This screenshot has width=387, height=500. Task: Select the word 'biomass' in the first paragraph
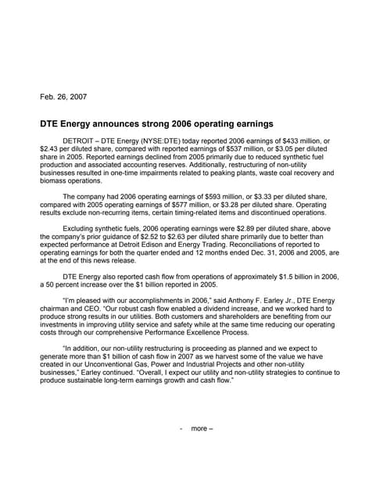click(x=55, y=180)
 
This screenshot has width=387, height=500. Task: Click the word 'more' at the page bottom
click(x=199, y=428)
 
